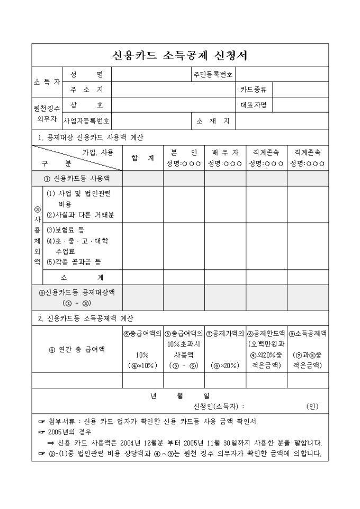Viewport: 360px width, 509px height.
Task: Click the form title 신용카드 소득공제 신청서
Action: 180,56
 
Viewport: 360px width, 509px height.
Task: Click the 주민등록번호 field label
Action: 212,75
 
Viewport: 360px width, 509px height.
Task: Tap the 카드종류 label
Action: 254,90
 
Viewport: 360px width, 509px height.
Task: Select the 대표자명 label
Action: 254,105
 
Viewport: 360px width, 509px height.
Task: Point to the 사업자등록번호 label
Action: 86,121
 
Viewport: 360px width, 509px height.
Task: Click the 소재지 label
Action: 213,121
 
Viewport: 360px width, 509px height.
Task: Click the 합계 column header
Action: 142,157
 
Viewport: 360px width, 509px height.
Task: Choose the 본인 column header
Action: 183,153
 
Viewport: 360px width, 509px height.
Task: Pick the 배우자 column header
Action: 225,153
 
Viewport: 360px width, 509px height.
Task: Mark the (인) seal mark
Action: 312,406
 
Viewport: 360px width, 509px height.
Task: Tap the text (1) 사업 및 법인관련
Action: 79,194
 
